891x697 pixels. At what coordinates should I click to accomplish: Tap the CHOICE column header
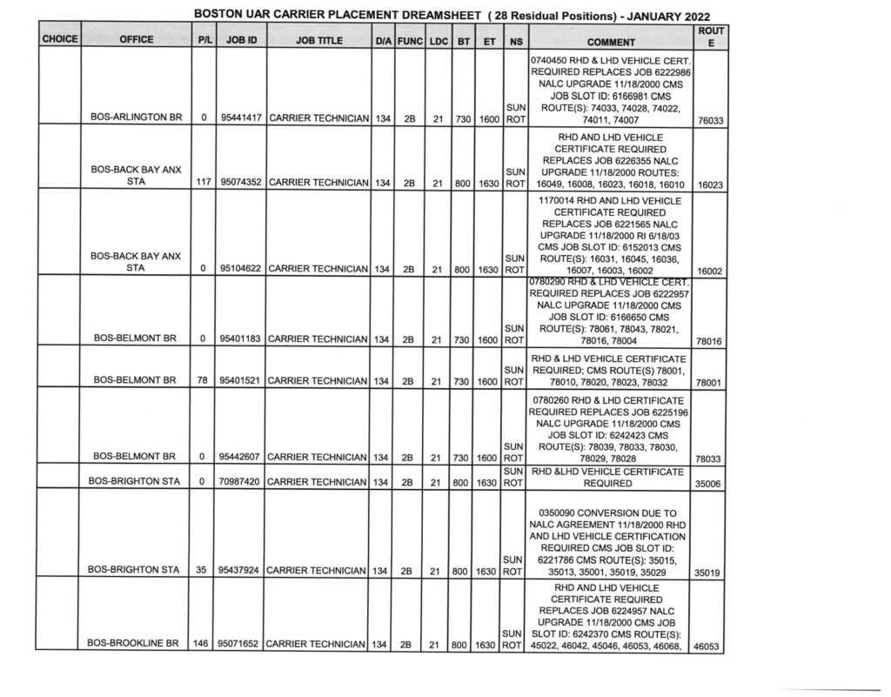[x=58, y=39]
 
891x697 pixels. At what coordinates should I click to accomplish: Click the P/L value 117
[x=203, y=184]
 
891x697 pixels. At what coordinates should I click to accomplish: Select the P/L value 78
[x=203, y=380]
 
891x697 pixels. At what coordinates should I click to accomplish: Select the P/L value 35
[x=203, y=571]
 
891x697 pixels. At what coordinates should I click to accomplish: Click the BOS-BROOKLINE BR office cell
[x=135, y=645]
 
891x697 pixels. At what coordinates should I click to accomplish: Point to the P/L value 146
[x=203, y=645]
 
